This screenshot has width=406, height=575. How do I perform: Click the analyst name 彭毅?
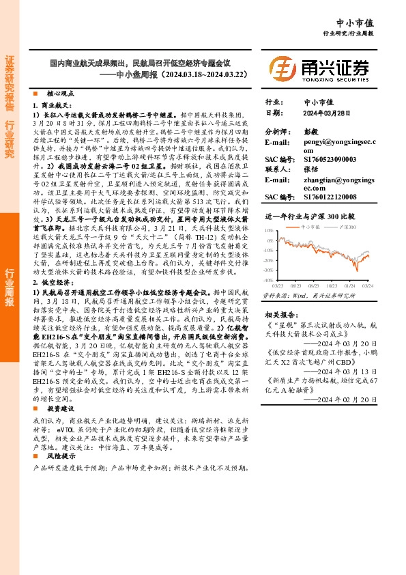click(x=311, y=130)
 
